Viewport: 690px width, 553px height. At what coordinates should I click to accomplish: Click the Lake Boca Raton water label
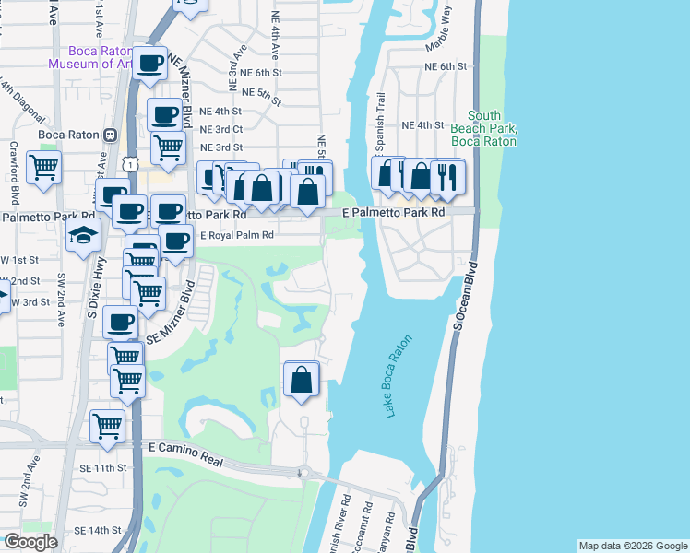398,376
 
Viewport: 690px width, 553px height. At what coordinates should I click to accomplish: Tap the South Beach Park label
483,129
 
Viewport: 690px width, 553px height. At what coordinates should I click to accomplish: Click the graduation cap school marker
83,235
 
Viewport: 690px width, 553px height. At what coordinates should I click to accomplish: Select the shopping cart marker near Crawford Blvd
42,169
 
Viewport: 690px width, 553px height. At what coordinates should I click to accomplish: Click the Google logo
30,542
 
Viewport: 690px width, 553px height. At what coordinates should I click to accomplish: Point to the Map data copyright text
633,546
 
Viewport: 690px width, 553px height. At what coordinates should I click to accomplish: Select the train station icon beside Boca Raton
109,134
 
